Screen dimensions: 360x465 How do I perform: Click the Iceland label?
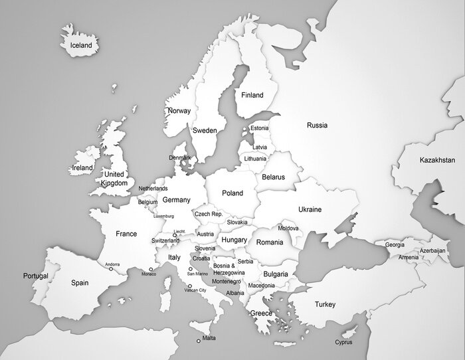click(x=81, y=46)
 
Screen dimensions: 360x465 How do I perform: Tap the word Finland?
click(x=252, y=96)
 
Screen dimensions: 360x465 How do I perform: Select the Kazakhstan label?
click(x=437, y=160)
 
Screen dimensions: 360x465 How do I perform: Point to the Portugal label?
click(x=35, y=276)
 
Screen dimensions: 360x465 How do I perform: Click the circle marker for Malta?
click(x=198, y=341)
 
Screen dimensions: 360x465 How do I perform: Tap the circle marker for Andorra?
click(x=111, y=269)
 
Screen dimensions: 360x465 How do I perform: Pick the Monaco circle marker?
click(x=151, y=269)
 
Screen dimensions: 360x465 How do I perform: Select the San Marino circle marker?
click(x=191, y=269)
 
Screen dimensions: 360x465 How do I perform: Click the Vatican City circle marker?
click(x=190, y=286)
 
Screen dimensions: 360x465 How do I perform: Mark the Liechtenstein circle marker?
click(x=175, y=234)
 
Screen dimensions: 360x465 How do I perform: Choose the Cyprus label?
click(x=343, y=343)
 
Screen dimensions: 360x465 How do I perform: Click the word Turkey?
click(x=325, y=305)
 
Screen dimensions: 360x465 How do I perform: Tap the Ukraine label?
click(x=310, y=209)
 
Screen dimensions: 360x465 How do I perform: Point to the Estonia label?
click(x=259, y=128)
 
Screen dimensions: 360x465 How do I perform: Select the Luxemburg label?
click(x=163, y=216)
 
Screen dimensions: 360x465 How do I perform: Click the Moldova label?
click(x=288, y=228)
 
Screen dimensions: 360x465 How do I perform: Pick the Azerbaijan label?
click(x=432, y=250)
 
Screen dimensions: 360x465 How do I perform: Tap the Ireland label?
click(x=82, y=168)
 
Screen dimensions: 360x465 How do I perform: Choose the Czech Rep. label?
click(x=209, y=215)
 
